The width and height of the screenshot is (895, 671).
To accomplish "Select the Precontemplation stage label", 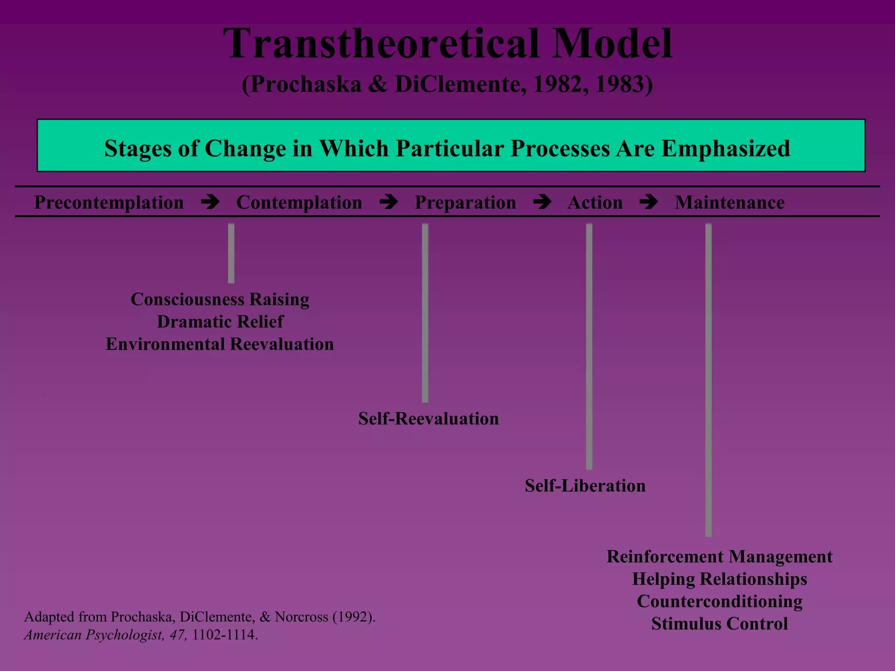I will click(x=109, y=202).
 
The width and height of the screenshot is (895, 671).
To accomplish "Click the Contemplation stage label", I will click(x=299, y=202).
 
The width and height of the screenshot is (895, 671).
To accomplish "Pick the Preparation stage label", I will click(x=465, y=202).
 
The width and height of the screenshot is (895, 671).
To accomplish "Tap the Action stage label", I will click(x=595, y=202).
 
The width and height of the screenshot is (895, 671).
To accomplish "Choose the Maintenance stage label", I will click(x=729, y=202).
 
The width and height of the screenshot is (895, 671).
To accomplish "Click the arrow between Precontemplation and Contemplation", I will click(x=210, y=202).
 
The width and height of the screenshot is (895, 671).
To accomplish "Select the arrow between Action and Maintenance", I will click(x=649, y=202).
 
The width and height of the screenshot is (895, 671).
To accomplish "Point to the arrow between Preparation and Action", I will click(x=542, y=202).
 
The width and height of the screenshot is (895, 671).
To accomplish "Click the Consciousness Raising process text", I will click(x=220, y=299).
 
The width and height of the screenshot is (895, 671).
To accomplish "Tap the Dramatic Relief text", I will click(x=220, y=322).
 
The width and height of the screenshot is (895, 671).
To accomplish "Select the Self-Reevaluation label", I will click(x=428, y=419).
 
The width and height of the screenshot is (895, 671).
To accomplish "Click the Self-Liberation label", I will click(x=585, y=486).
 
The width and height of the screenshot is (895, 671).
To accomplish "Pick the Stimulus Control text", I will click(x=719, y=623).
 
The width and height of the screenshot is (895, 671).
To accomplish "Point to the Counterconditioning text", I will click(x=719, y=601).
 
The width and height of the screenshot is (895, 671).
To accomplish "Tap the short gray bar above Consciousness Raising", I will click(x=231, y=253).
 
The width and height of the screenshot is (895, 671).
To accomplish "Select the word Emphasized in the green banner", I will click(x=725, y=148).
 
